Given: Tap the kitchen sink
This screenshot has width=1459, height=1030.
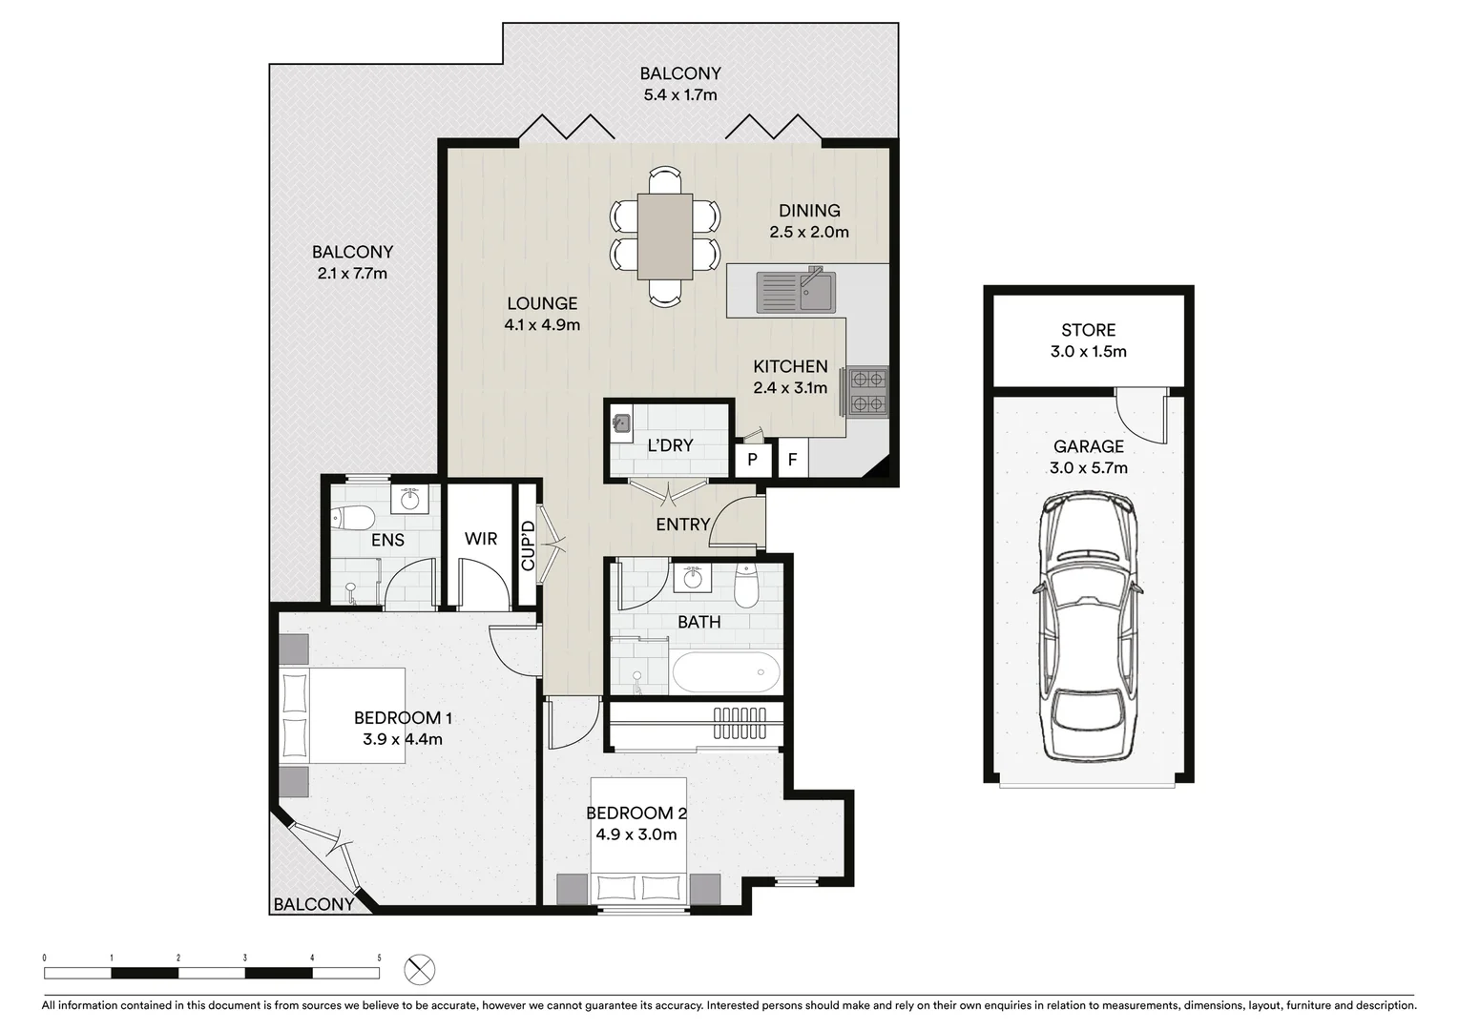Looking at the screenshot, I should point(795,292).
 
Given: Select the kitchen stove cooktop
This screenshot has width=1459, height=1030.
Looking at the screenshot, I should point(867,391).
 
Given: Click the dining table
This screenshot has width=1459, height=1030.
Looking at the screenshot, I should point(665,236).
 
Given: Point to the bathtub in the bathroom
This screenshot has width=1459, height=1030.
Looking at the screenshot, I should point(726,672).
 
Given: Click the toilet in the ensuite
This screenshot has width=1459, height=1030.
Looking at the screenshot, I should point(352,518).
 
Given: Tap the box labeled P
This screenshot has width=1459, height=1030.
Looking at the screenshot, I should point(753,460).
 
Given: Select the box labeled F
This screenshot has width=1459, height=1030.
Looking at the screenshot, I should point(792,460).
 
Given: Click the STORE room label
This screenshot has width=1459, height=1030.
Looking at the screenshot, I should point(1088,330).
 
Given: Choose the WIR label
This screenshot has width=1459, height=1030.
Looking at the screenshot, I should point(481,539).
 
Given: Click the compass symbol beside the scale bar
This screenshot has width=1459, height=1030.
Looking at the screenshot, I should point(419,970).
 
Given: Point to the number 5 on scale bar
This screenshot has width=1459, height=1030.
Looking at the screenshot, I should point(379,957).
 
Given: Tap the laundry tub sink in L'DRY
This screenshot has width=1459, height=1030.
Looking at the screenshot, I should point(621,422).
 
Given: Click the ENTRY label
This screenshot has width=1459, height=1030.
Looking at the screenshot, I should point(682,525).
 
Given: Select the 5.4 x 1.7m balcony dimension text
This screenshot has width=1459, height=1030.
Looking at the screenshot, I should point(679,94).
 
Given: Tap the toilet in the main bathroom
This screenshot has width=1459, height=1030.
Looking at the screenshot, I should point(745,587).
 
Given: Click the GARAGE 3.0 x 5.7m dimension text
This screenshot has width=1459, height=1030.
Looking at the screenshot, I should point(1088,467).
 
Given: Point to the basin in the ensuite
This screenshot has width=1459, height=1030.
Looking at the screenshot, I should point(411,499).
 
